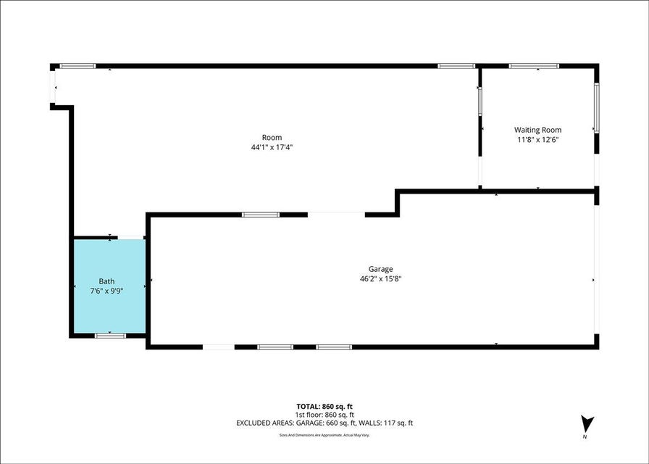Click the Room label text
click(x=272, y=138)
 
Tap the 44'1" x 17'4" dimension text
click(x=272, y=147)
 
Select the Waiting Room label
click(x=537, y=130)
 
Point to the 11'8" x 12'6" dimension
click(x=538, y=140)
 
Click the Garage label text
click(x=381, y=269)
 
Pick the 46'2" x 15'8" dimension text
click(x=381, y=279)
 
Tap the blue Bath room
click(x=109, y=286)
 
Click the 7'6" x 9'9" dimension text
click(x=106, y=291)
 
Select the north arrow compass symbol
click(x=587, y=425)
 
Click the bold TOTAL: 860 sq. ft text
click(x=324, y=407)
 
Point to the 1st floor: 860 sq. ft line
click(x=324, y=415)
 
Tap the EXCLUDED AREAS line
click(x=324, y=423)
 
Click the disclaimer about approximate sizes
click(x=324, y=435)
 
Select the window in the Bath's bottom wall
click(x=110, y=336)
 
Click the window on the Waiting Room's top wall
click(x=534, y=66)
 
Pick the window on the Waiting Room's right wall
click(x=596, y=108)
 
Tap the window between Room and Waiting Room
click(x=480, y=101)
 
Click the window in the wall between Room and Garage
click(x=261, y=215)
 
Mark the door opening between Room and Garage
click(x=336, y=215)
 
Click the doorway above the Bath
click(x=131, y=237)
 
